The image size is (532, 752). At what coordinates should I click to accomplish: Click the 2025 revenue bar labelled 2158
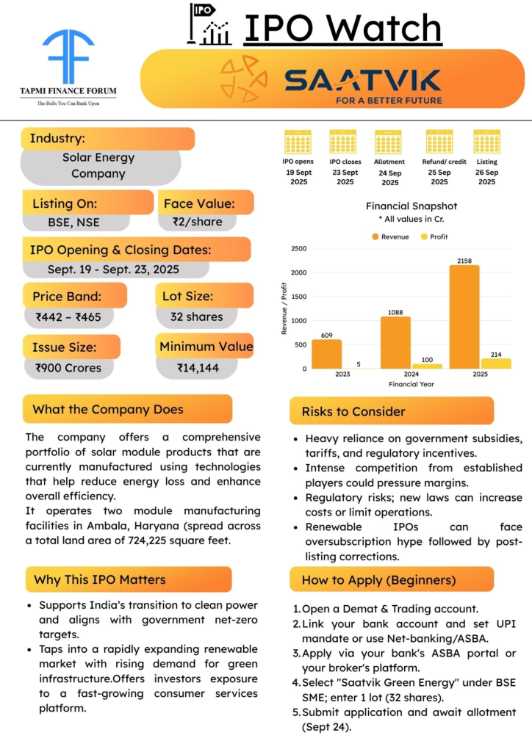point(464,317)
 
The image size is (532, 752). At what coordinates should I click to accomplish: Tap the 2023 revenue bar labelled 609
point(327,354)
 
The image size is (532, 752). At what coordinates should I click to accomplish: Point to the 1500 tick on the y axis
point(298,297)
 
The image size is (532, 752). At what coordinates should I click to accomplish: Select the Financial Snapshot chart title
point(411,206)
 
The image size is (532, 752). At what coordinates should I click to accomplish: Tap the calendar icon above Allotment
point(388,142)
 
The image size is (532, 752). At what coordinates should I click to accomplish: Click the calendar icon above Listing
point(486,142)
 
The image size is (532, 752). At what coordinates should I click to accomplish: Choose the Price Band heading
point(67,297)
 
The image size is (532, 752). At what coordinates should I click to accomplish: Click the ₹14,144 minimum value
point(198,368)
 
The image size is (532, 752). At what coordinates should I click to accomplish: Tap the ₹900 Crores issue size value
point(68,368)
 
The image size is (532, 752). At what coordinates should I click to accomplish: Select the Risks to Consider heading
point(353,411)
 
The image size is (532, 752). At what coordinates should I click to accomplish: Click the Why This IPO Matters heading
point(100,579)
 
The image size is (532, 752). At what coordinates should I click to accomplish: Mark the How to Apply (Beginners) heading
point(378,579)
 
